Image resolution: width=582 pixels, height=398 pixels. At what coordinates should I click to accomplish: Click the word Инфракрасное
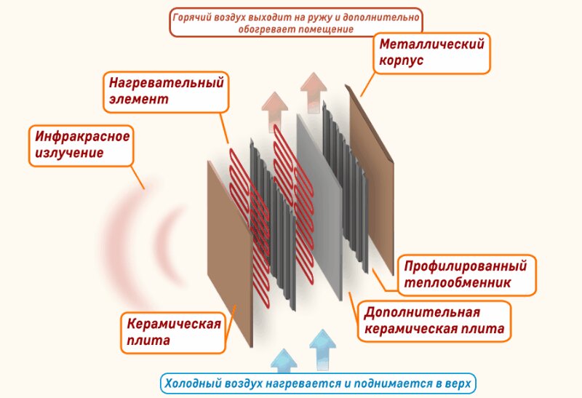point(82,136)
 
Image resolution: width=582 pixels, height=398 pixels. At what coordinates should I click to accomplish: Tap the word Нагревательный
point(167,83)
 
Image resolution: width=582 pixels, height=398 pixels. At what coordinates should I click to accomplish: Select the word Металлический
point(431,44)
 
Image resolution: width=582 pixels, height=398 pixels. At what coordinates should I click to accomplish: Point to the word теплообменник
point(458,282)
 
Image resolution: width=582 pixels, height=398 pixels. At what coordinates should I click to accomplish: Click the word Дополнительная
point(422,313)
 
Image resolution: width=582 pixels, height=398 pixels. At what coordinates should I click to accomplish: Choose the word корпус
point(402,60)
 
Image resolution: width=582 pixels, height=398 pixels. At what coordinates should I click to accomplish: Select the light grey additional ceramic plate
point(319,206)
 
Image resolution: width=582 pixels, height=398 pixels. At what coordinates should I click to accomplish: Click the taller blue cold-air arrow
point(322,350)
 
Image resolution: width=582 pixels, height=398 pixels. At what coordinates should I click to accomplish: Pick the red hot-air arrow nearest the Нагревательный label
point(275,111)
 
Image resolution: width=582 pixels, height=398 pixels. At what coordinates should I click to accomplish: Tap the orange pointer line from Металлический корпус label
point(367,84)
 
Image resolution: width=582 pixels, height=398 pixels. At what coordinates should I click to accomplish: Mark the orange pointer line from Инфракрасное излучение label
point(137,178)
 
